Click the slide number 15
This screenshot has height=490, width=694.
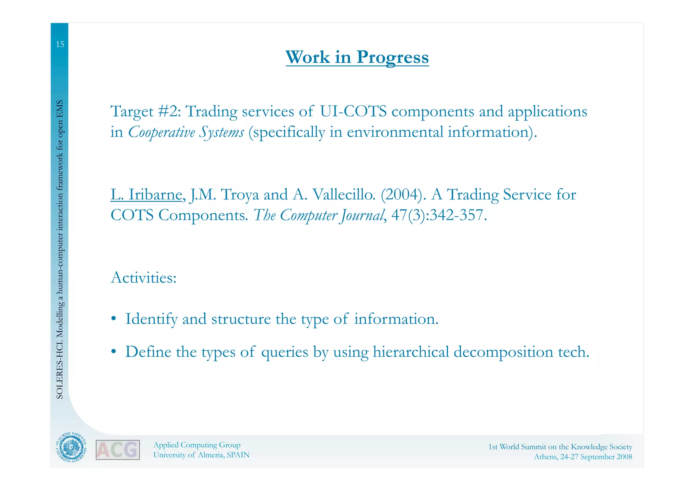point(60,44)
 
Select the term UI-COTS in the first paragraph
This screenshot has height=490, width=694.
point(353,111)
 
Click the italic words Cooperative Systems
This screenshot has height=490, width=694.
point(186,132)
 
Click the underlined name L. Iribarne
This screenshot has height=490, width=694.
point(146,195)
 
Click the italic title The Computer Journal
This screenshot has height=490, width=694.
point(319,215)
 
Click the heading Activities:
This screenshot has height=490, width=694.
point(144,278)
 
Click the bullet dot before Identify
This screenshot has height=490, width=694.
point(114,319)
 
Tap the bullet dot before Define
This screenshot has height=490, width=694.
point(114,352)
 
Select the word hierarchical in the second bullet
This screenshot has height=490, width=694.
point(411,352)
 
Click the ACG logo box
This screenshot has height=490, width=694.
point(118,450)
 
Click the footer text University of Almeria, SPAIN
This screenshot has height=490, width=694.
point(201,455)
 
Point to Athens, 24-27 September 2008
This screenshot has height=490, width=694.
point(583,457)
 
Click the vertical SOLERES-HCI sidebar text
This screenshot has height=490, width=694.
point(60,249)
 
